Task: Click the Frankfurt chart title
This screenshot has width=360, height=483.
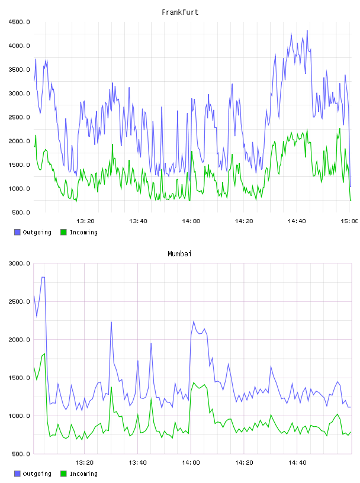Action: pos(180,12)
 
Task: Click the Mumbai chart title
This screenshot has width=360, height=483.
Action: pos(179,254)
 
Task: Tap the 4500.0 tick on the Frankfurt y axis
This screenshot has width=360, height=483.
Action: pos(19,22)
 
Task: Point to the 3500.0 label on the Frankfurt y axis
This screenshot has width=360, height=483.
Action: pos(19,70)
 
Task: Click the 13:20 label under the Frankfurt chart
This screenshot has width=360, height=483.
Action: pos(85,221)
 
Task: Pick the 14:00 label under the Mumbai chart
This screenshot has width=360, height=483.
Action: pos(191,462)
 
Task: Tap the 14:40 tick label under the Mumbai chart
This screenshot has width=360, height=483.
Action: pos(297,462)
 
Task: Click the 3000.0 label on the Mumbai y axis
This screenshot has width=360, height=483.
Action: pos(19,263)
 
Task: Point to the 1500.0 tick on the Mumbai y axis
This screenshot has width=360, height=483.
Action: pos(19,378)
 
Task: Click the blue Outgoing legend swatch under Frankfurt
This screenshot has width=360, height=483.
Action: pos(17,232)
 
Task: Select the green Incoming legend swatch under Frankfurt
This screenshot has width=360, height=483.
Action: pos(63,232)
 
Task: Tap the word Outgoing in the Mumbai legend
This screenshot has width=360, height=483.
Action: pos(37,474)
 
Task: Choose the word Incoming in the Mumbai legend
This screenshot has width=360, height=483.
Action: pos(83,474)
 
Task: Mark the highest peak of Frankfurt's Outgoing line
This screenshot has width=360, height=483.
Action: pos(307,31)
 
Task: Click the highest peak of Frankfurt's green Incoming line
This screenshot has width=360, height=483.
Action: pos(340,128)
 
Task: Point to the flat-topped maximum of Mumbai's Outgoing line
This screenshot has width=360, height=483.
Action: pos(43,277)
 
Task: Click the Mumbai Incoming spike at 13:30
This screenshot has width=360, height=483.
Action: pos(111,387)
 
